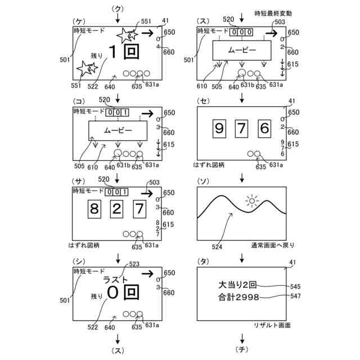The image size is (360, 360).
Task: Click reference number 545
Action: click(x=295, y=286)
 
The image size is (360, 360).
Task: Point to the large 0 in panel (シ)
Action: click(x=114, y=294)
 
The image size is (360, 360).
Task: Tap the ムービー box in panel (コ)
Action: click(x=118, y=130)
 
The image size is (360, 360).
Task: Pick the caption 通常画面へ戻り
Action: click(x=273, y=245)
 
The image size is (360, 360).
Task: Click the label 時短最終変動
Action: click(x=273, y=12)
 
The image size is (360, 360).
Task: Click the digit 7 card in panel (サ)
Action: click(x=139, y=209)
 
